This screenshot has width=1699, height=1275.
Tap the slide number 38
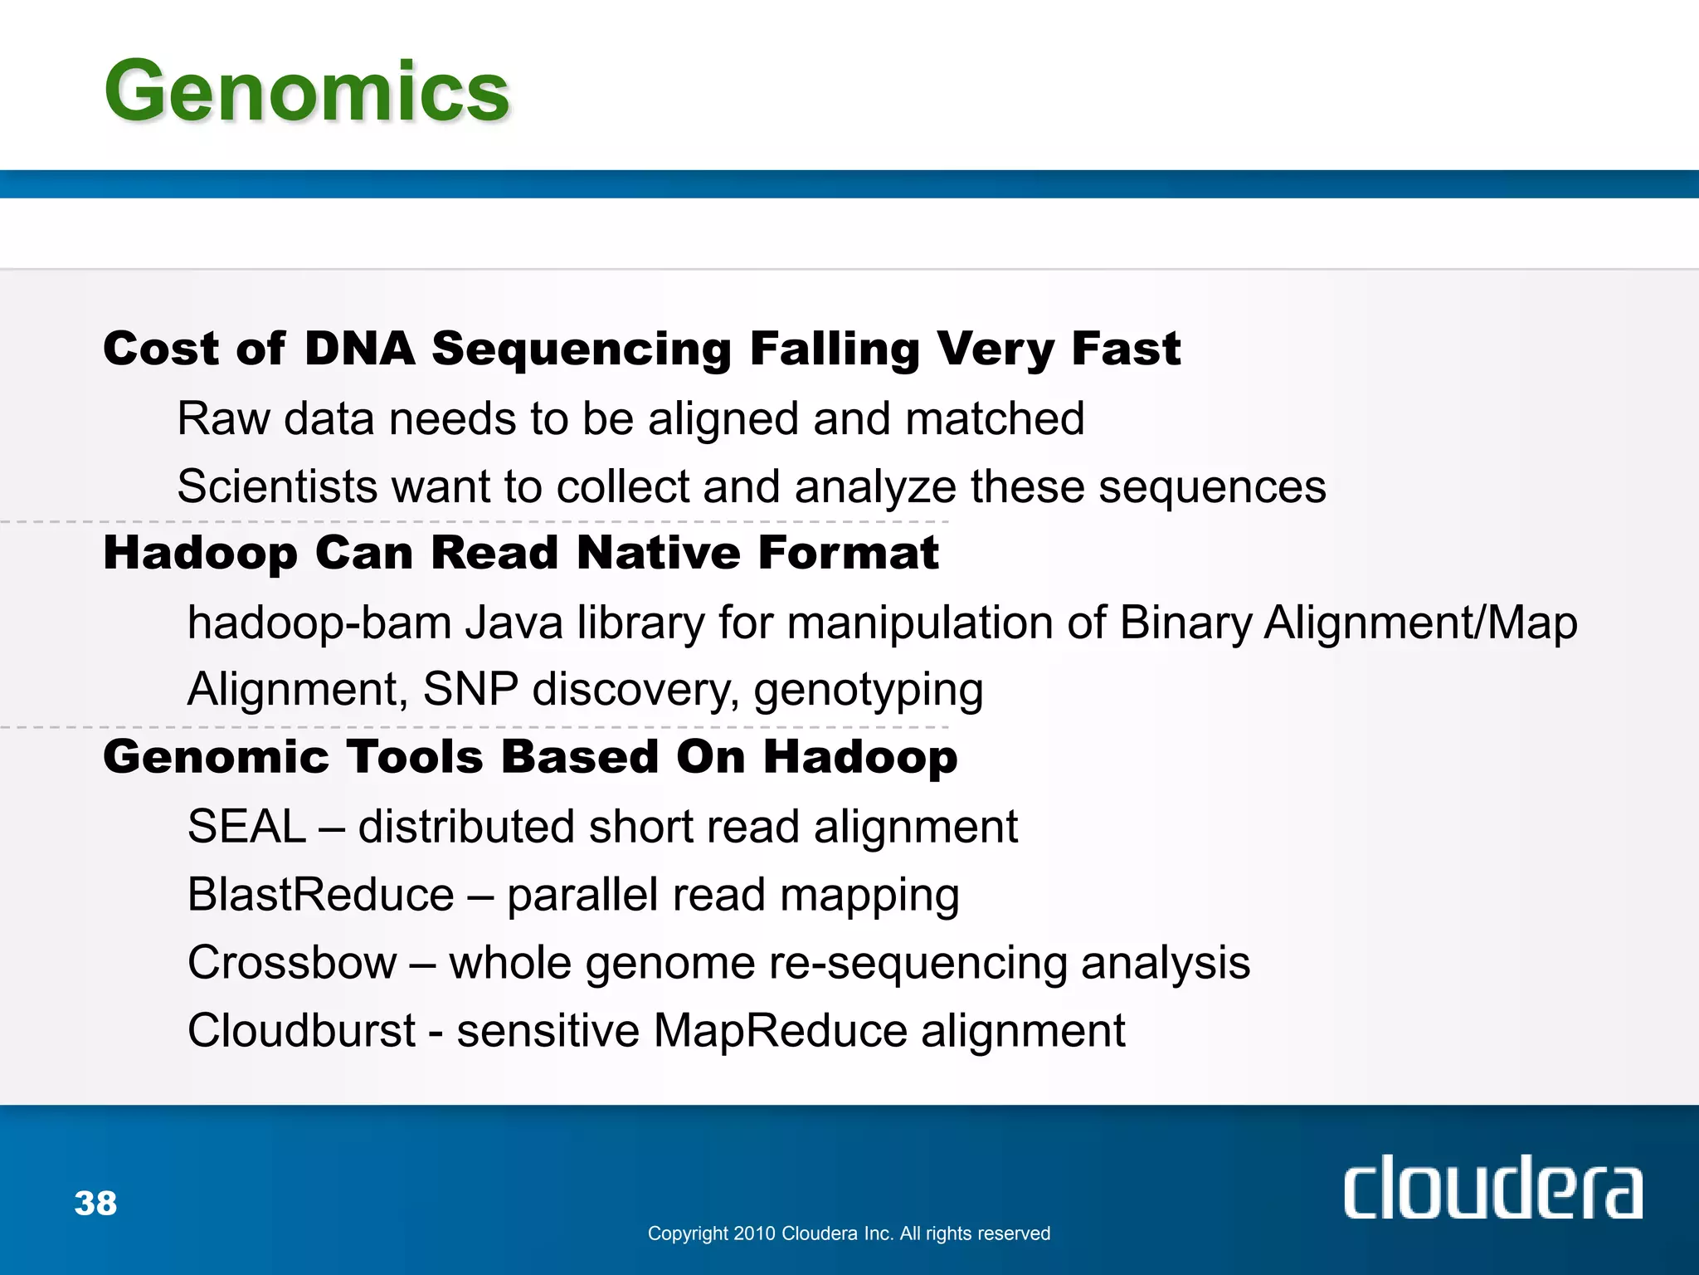(x=95, y=1204)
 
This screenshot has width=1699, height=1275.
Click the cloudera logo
(x=1492, y=1189)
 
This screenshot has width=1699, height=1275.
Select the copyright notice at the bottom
(x=848, y=1233)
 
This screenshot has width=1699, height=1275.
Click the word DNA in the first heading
(x=359, y=349)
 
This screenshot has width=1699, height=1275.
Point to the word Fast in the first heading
(x=1125, y=349)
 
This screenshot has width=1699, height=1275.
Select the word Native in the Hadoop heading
(x=658, y=553)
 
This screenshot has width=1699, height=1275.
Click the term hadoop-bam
(x=319, y=623)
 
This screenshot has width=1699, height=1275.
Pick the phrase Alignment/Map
(x=1419, y=623)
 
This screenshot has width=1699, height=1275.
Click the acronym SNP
(x=470, y=689)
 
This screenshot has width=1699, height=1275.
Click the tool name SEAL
(x=246, y=827)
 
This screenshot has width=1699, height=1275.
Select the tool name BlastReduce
(x=320, y=895)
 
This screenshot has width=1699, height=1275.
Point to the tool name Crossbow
(x=292, y=963)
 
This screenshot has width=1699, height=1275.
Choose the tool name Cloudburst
(x=300, y=1031)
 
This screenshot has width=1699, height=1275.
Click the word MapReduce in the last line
(x=780, y=1031)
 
